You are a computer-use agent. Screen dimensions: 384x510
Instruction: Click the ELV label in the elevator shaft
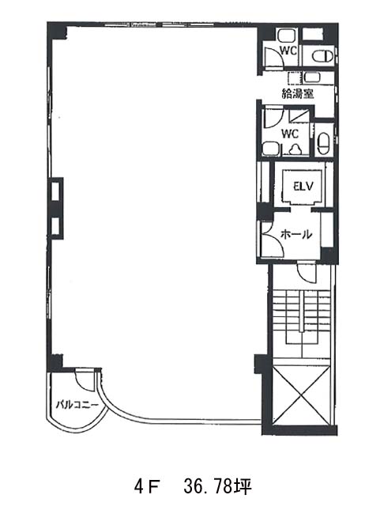pos(303,187)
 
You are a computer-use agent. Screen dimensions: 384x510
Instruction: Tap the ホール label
pos(296,234)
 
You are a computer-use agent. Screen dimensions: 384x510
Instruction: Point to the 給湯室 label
pos(298,94)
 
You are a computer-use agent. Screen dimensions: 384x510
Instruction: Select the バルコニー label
pos(77,406)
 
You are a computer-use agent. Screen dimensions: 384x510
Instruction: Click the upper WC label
pos(288,51)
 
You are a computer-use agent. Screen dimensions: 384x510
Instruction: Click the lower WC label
pos(290,134)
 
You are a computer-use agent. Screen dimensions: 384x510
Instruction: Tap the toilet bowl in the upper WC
pos(322,56)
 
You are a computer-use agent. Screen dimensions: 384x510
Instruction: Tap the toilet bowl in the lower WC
pos(324,143)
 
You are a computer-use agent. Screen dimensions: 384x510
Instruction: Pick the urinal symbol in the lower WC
pos(296,149)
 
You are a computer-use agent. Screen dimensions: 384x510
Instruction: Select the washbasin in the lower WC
pos(271,149)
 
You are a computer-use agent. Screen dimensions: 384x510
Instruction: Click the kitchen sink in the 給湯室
pos(312,77)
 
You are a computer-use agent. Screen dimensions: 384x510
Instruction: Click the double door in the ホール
pos(273,238)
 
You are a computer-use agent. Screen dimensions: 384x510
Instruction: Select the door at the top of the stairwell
pos(307,272)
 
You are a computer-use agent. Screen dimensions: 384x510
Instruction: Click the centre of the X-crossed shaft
pos(301,395)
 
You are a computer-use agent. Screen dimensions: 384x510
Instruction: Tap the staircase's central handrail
pos(303,312)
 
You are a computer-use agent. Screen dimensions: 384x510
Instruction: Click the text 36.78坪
pos(217,487)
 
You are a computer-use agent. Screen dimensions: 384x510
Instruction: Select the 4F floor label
pos(146,487)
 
